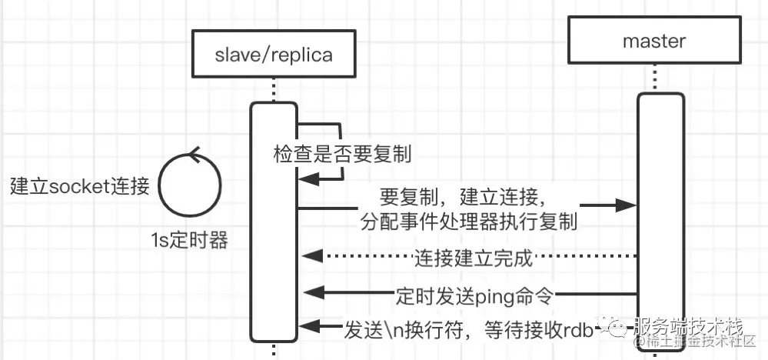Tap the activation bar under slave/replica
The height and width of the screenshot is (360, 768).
pyautogui.click(x=274, y=223)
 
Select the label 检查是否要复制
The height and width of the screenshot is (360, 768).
pyautogui.click(x=343, y=155)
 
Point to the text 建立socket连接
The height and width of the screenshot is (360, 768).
pyautogui.click(x=79, y=186)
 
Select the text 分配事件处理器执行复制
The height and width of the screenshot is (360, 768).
pyautogui.click(x=469, y=221)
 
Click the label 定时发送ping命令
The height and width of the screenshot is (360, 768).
pyautogui.click(x=475, y=293)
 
